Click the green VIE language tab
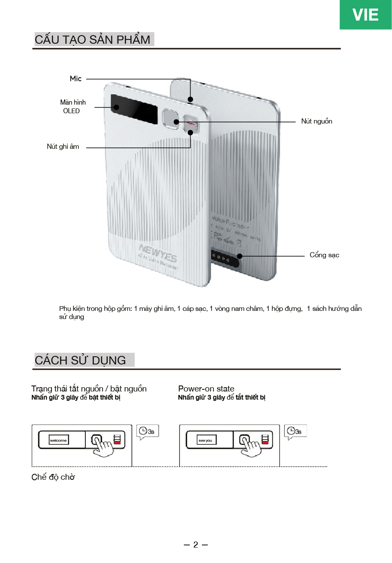click(365, 15)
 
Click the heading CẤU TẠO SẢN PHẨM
click(93, 40)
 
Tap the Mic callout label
click(75, 79)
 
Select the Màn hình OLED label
click(72, 106)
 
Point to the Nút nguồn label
click(317, 121)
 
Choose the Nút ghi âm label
click(63, 147)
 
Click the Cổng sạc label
click(324, 255)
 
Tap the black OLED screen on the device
click(133, 108)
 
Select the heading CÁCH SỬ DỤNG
click(81, 360)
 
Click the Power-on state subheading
click(206, 389)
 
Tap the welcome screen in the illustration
click(58, 440)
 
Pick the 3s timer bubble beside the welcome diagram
click(147, 431)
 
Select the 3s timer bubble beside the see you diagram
click(295, 431)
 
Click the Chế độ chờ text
click(53, 477)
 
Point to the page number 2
click(196, 545)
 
